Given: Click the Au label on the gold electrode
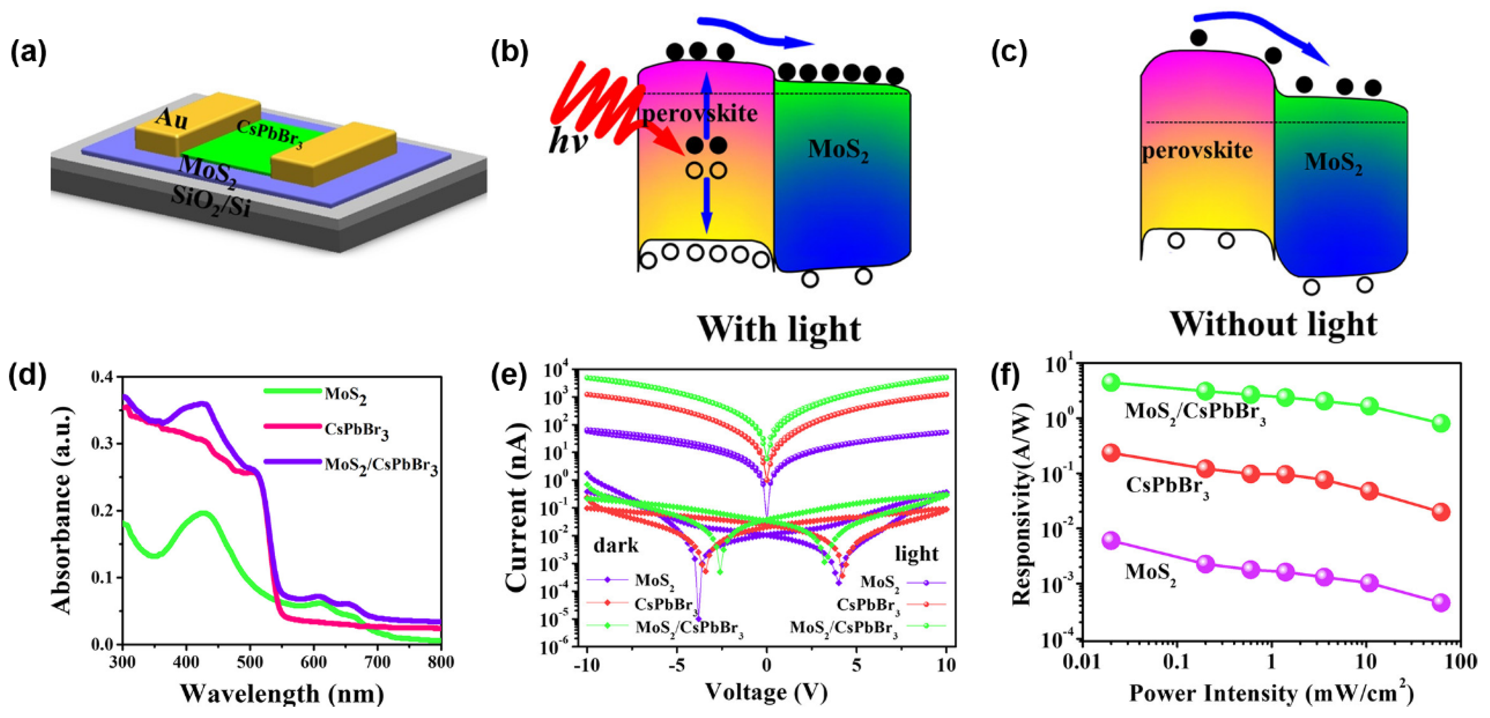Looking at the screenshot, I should coord(172,120).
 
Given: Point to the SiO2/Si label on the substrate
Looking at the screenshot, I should coord(210,202).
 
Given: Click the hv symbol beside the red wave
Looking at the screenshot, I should coord(567,141).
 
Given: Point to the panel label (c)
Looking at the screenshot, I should coord(1010,53).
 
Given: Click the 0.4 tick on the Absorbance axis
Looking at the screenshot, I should coord(103,377).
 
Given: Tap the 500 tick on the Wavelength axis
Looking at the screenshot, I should coord(250,661).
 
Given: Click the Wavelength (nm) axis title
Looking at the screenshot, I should coord(282,693).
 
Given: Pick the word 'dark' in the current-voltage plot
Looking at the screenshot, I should coord(616,544).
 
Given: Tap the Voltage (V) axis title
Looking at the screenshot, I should coord(766,691).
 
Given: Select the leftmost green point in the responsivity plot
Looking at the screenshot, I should coord(1111,382).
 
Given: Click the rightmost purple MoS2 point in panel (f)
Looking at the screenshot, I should coord(1441,602).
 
